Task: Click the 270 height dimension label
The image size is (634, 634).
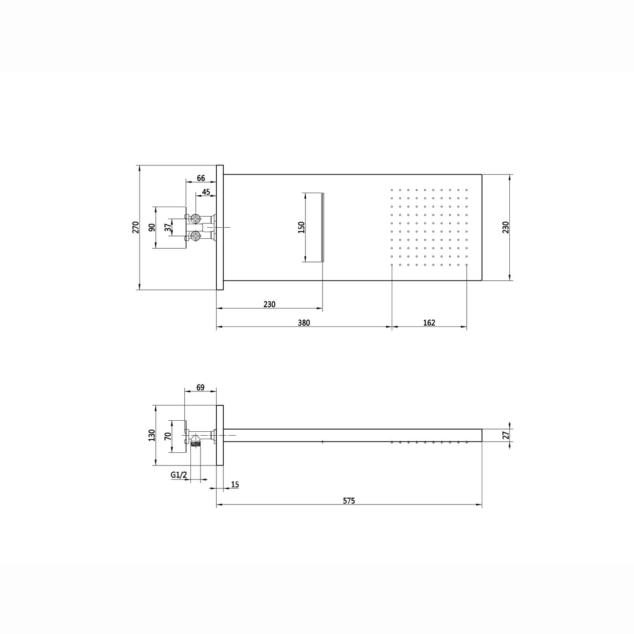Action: click(136, 227)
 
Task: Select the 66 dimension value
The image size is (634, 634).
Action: click(201, 178)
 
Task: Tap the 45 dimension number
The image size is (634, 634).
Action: click(206, 192)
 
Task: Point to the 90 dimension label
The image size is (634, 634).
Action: click(152, 227)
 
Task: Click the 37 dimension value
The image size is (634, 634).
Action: click(168, 227)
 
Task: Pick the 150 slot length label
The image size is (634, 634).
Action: click(301, 227)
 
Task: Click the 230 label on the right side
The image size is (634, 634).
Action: click(505, 227)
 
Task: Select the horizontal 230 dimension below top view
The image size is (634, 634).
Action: click(269, 304)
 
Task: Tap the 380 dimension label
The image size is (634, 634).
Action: click(304, 323)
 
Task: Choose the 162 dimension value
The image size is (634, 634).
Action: click(429, 323)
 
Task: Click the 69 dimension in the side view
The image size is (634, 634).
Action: click(200, 387)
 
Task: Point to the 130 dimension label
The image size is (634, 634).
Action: click(152, 435)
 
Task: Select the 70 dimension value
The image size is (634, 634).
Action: click(168, 436)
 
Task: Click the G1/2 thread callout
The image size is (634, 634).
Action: click(179, 475)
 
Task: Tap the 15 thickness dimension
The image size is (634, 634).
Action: click(235, 485)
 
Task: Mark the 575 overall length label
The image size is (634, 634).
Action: click(349, 501)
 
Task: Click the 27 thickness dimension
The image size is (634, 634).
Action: click(505, 435)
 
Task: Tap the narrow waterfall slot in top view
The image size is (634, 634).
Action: click(323, 227)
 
